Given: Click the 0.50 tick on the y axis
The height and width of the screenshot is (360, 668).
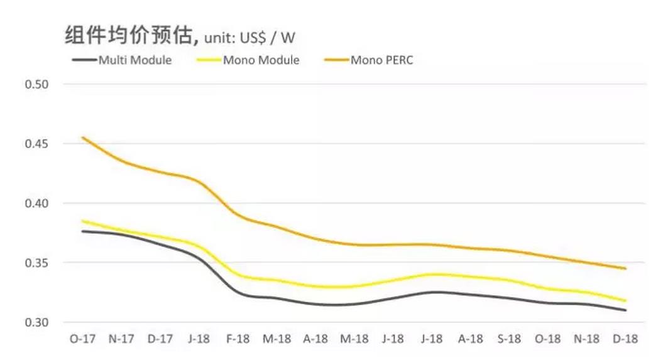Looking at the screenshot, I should pyautogui.click(x=36, y=84).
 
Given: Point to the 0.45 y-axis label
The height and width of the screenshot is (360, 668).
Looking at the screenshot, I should pyautogui.click(x=36, y=144).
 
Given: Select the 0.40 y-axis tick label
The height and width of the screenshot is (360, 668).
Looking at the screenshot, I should pyautogui.click(x=36, y=204).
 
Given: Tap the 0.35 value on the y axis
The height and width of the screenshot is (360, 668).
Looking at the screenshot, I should pyautogui.click(x=36, y=263).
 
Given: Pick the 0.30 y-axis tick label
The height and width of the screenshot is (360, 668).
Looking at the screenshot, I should pyautogui.click(x=36, y=322).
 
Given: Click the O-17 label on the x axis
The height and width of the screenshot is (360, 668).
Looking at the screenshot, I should pyautogui.click(x=82, y=339).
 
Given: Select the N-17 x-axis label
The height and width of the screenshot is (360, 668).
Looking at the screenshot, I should pyautogui.click(x=121, y=339).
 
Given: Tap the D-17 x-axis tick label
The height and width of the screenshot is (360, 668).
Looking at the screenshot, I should pyautogui.click(x=160, y=339).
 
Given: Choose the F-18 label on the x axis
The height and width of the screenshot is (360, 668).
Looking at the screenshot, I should pyautogui.click(x=238, y=339).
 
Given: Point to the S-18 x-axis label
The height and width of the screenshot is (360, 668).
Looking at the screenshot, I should pyautogui.click(x=509, y=339).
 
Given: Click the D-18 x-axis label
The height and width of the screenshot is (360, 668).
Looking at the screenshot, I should pyautogui.click(x=625, y=339).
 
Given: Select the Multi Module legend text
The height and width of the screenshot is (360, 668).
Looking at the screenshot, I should pyautogui.click(x=135, y=61).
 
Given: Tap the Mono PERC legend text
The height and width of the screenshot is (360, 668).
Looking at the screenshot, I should pyautogui.click(x=382, y=61).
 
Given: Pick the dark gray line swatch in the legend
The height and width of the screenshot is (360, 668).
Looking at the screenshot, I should pyautogui.click(x=83, y=61).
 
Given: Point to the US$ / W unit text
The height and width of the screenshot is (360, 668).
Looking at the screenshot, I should pyautogui.click(x=269, y=38).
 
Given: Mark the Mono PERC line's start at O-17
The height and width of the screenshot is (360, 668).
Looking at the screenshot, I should pyautogui.click(x=83, y=137).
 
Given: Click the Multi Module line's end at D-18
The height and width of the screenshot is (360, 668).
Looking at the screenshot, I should pyautogui.click(x=625, y=310).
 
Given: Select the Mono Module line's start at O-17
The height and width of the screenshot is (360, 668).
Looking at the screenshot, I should pyautogui.click(x=83, y=221).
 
